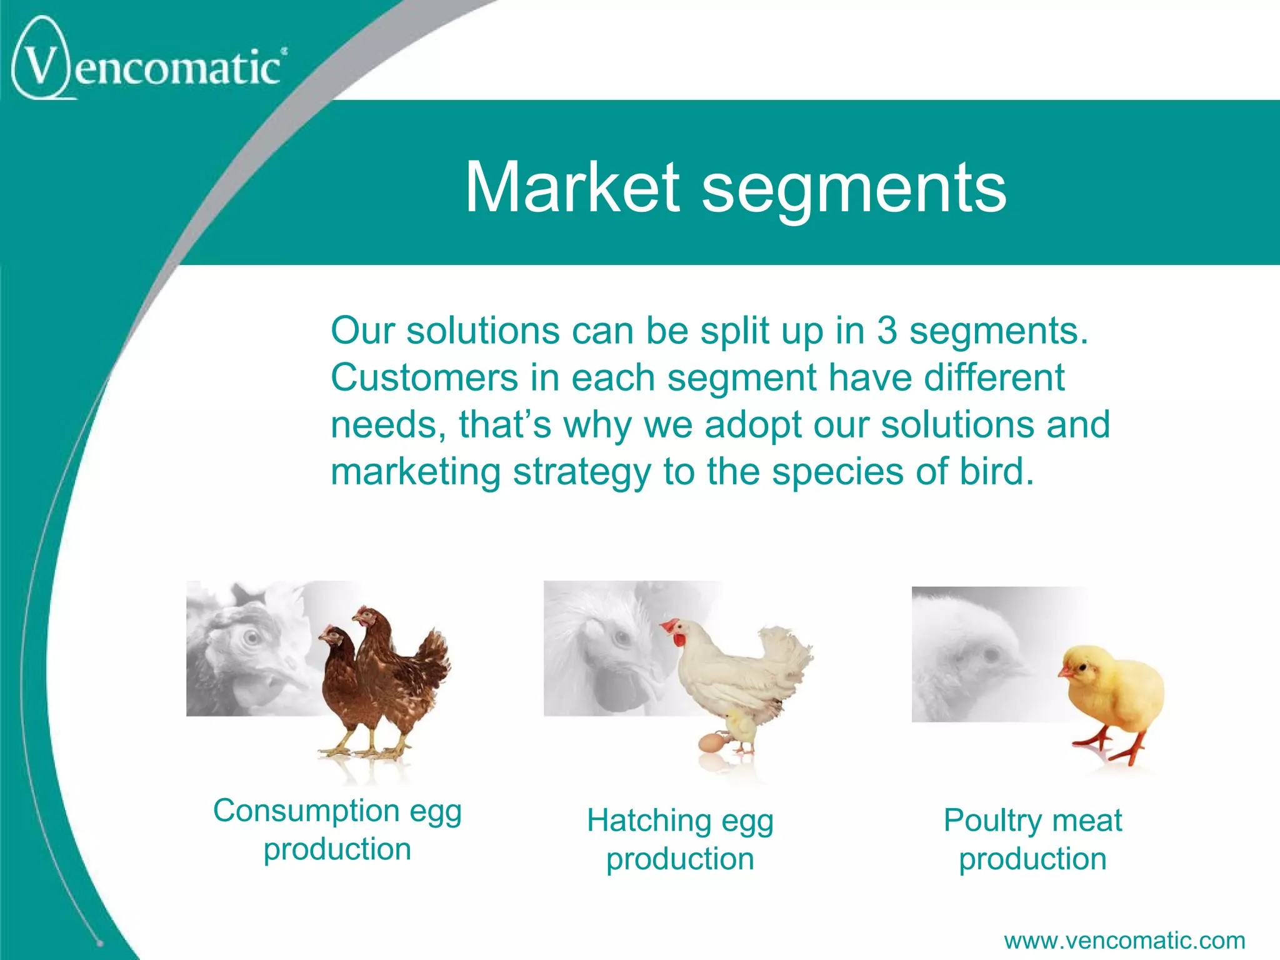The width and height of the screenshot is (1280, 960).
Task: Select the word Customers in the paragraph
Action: tap(424, 377)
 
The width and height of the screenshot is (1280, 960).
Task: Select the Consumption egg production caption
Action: tap(337, 829)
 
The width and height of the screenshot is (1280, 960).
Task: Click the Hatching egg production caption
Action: tap(680, 839)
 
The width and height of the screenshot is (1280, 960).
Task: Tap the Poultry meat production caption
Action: tap(1032, 839)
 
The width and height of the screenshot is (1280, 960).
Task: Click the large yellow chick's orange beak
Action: tap(1063, 672)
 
